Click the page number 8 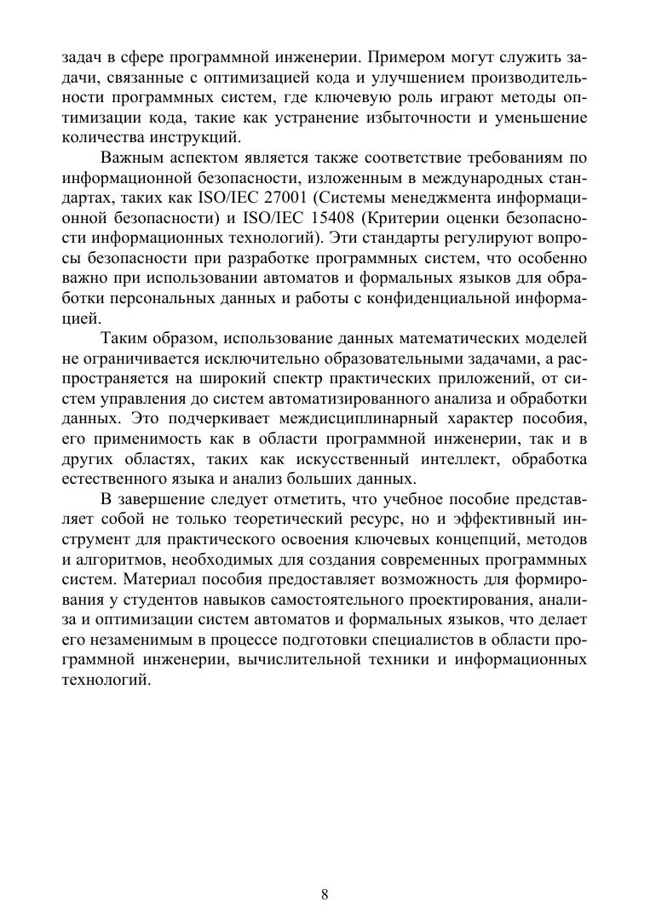(325, 894)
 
